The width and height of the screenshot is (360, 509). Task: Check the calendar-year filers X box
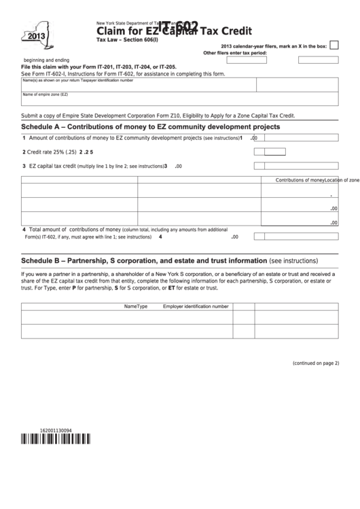[334, 46]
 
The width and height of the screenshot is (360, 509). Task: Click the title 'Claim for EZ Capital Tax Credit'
[174, 31]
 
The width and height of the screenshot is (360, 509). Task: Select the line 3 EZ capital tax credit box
[259, 166]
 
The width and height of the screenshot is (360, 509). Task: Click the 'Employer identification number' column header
[196, 306]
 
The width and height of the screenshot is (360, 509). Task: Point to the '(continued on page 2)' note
[315, 363]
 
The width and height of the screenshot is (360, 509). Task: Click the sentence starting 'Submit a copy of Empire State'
[158, 116]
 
